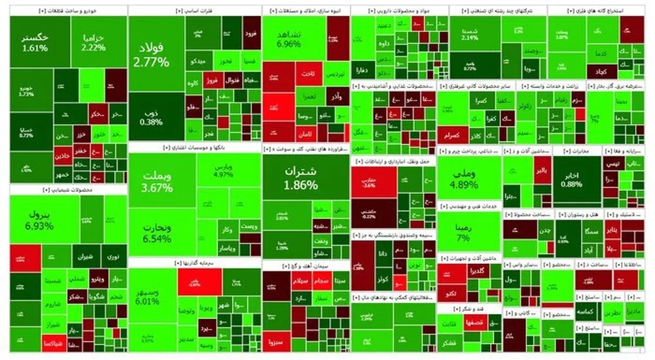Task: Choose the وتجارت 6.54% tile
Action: [x=157, y=233]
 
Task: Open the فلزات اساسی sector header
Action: [x=195, y=10]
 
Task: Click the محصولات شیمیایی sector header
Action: [x=68, y=189]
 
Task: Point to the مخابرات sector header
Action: [x=576, y=151]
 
